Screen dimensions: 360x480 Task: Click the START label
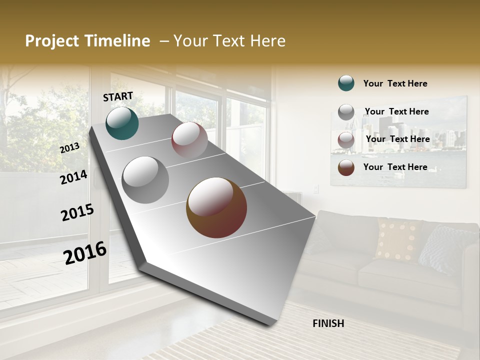point(118,96)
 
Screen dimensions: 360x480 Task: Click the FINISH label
point(328,323)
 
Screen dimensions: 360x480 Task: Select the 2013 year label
point(69,147)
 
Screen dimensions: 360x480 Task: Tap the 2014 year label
point(73,177)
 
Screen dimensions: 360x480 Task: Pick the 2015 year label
point(77,212)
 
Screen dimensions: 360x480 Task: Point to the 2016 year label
point(85,252)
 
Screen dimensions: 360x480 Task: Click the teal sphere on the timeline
point(122,123)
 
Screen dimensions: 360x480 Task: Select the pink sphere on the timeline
point(189,140)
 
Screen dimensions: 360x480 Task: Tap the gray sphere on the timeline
point(145,179)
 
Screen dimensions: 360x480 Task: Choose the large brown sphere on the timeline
point(216,207)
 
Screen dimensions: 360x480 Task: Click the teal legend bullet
point(346,83)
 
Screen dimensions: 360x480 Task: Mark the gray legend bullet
point(346,112)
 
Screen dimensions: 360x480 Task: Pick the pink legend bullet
point(346,139)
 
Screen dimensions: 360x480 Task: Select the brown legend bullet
point(346,167)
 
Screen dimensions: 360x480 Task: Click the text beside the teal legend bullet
point(395,83)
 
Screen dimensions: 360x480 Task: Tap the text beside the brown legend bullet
point(395,167)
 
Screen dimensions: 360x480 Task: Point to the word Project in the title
point(52,41)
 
